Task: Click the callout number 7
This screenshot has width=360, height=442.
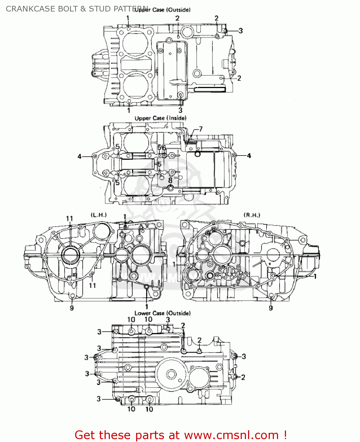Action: click(201, 129)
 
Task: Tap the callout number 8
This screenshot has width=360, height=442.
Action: click(170, 180)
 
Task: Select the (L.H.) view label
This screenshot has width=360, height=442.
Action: click(99, 215)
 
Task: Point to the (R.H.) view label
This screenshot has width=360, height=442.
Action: click(252, 215)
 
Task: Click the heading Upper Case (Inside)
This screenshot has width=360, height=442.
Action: click(161, 118)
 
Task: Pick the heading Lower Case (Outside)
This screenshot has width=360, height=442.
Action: click(163, 313)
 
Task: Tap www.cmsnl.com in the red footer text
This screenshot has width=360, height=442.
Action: click(231, 435)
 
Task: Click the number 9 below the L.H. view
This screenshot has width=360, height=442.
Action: click(72, 308)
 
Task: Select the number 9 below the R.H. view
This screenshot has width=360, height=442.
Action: click(271, 308)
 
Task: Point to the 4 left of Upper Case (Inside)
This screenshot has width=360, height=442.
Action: click(80, 156)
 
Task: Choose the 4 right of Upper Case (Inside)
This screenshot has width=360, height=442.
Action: click(249, 156)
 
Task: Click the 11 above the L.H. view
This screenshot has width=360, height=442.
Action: click(70, 219)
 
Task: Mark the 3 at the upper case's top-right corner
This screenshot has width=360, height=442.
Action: click(241, 31)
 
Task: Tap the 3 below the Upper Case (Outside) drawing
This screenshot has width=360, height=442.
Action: click(180, 111)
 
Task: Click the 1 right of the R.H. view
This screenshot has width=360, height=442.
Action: click(315, 276)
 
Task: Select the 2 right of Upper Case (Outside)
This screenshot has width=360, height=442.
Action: click(239, 78)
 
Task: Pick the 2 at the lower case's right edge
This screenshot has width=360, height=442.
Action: click(243, 377)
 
